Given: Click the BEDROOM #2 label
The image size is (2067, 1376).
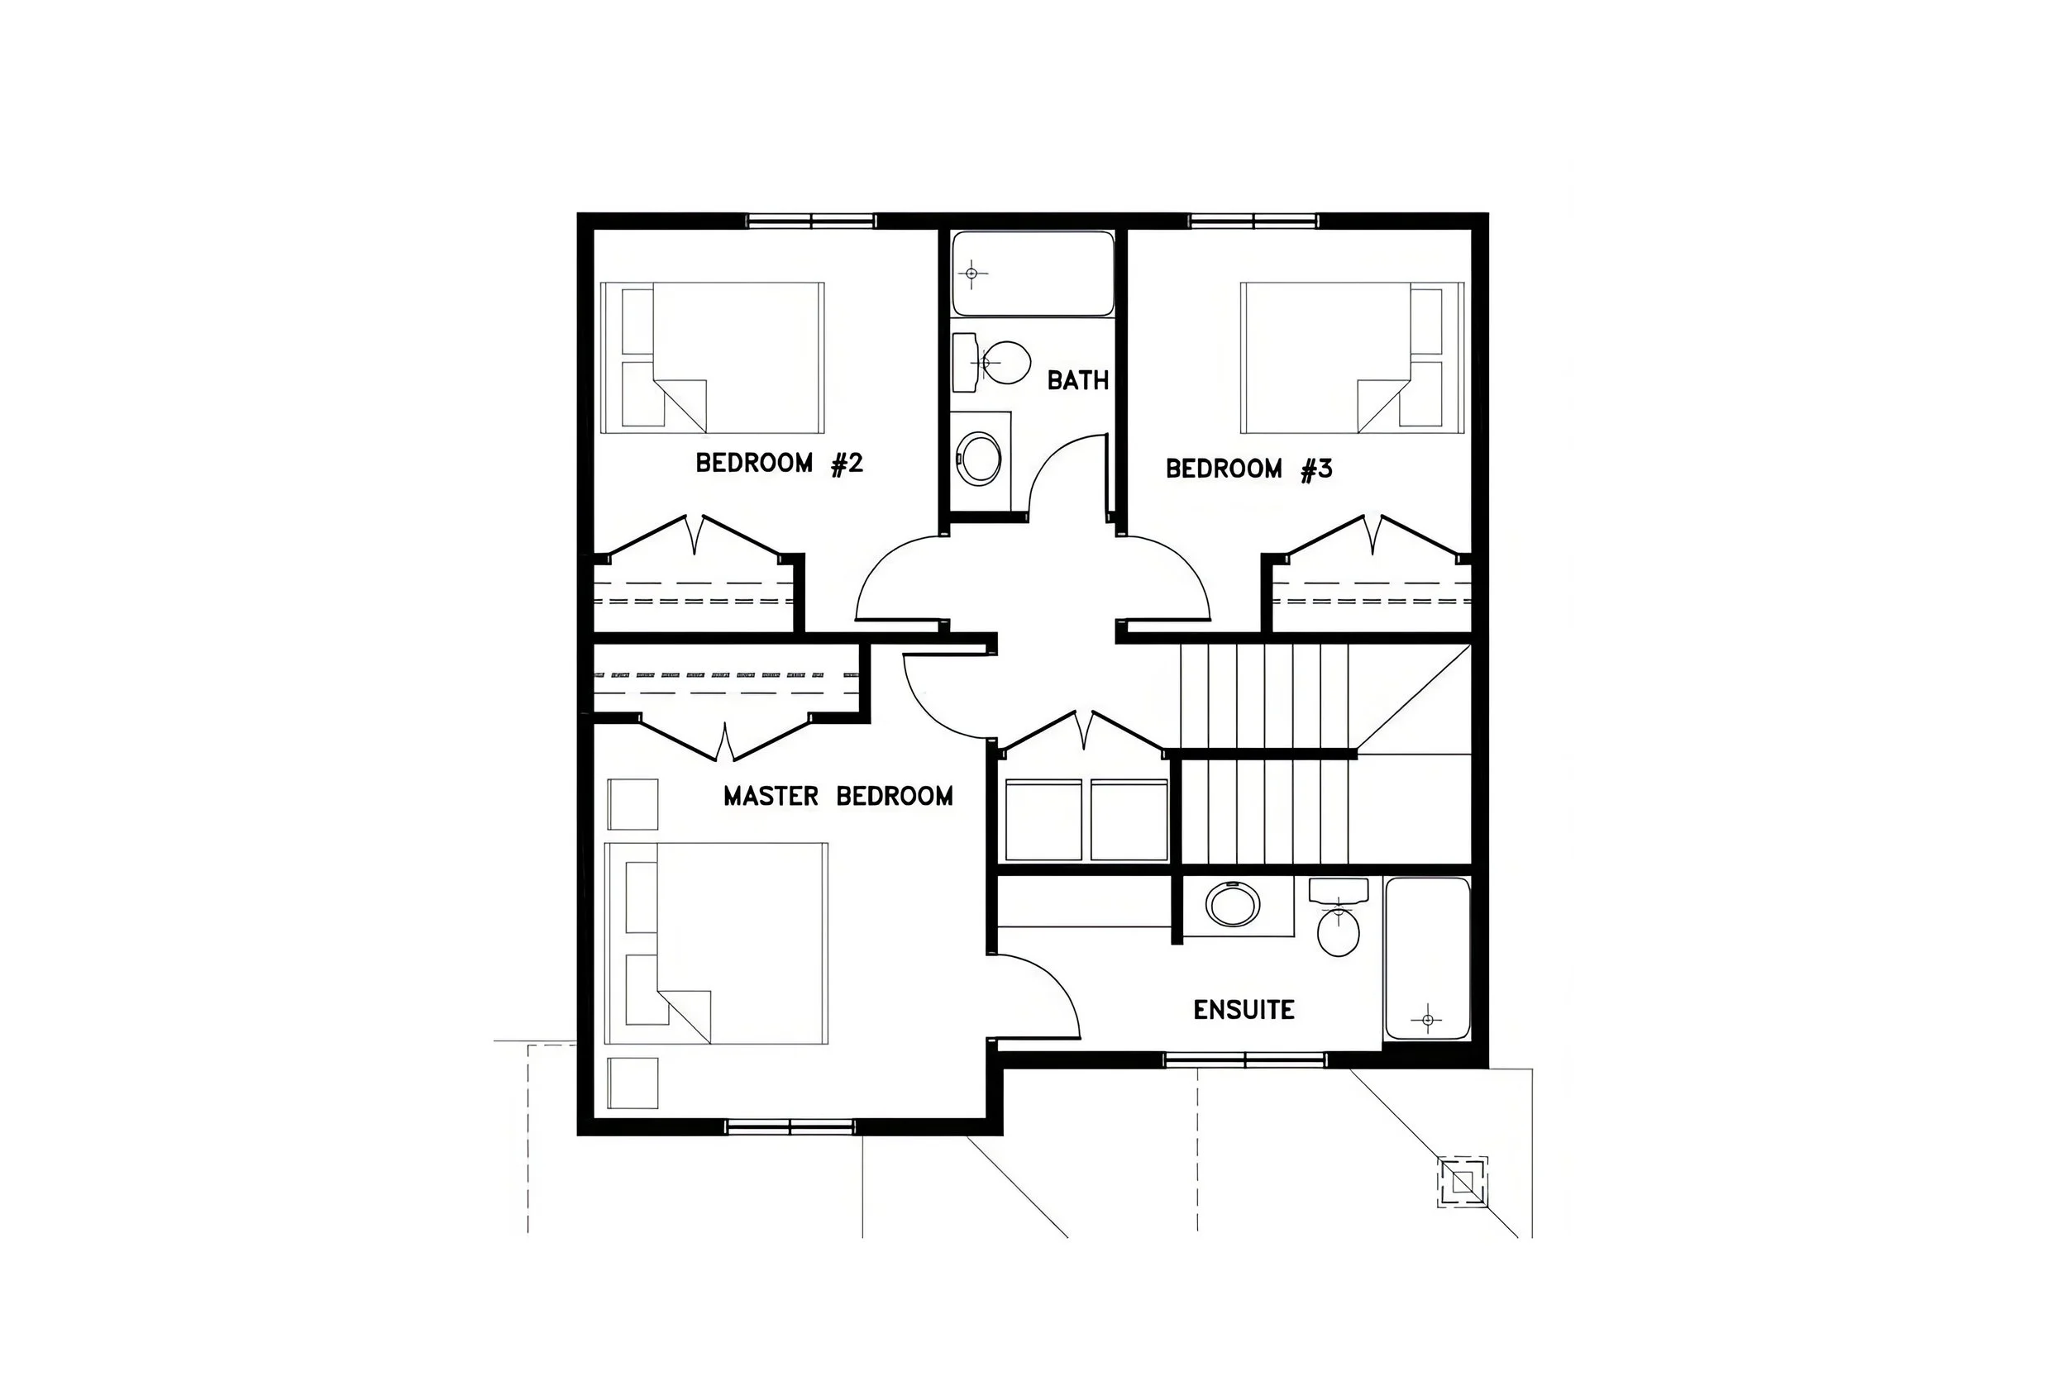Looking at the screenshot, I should point(779,463).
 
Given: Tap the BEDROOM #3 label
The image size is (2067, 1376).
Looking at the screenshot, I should point(1248,469).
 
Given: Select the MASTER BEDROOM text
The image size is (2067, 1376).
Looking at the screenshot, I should point(838,796).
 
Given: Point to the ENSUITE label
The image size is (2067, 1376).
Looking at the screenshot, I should point(1243,1010).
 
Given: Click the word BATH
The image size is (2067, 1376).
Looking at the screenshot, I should point(1077,380).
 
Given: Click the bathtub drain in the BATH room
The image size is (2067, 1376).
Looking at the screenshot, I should point(971,274).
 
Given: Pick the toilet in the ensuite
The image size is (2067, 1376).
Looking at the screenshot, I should point(1338,926).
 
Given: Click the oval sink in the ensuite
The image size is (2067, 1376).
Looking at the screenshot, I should point(1232,905).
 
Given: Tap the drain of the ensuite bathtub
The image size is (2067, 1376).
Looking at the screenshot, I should point(1427,1020).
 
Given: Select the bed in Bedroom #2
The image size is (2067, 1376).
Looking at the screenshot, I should point(713,357).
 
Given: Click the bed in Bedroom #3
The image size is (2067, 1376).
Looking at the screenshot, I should point(1352,357).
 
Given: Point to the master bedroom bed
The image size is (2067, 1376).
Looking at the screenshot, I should point(716,944).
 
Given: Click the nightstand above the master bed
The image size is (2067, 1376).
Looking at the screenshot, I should point(633,804).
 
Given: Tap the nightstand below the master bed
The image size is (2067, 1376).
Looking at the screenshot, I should point(633,1083).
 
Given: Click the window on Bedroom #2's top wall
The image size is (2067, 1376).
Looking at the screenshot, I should point(810,221).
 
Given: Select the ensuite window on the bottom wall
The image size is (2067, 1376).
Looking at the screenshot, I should point(1244,1060).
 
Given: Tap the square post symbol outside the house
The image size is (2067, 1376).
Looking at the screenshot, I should point(1462,1182).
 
